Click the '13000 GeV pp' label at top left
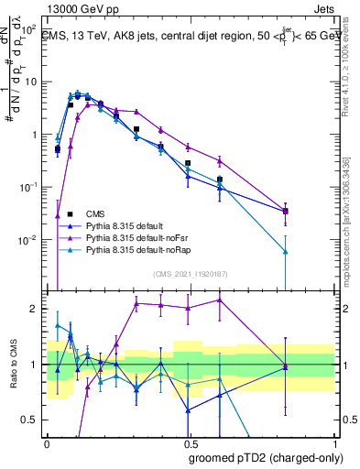tap(80, 7)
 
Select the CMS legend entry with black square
tap(82, 210)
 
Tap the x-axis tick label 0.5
tap(191, 442)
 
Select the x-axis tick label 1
tap(334, 442)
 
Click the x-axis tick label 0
tap(47, 442)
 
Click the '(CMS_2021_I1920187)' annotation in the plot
tap(190, 272)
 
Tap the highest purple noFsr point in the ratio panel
tap(220, 300)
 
